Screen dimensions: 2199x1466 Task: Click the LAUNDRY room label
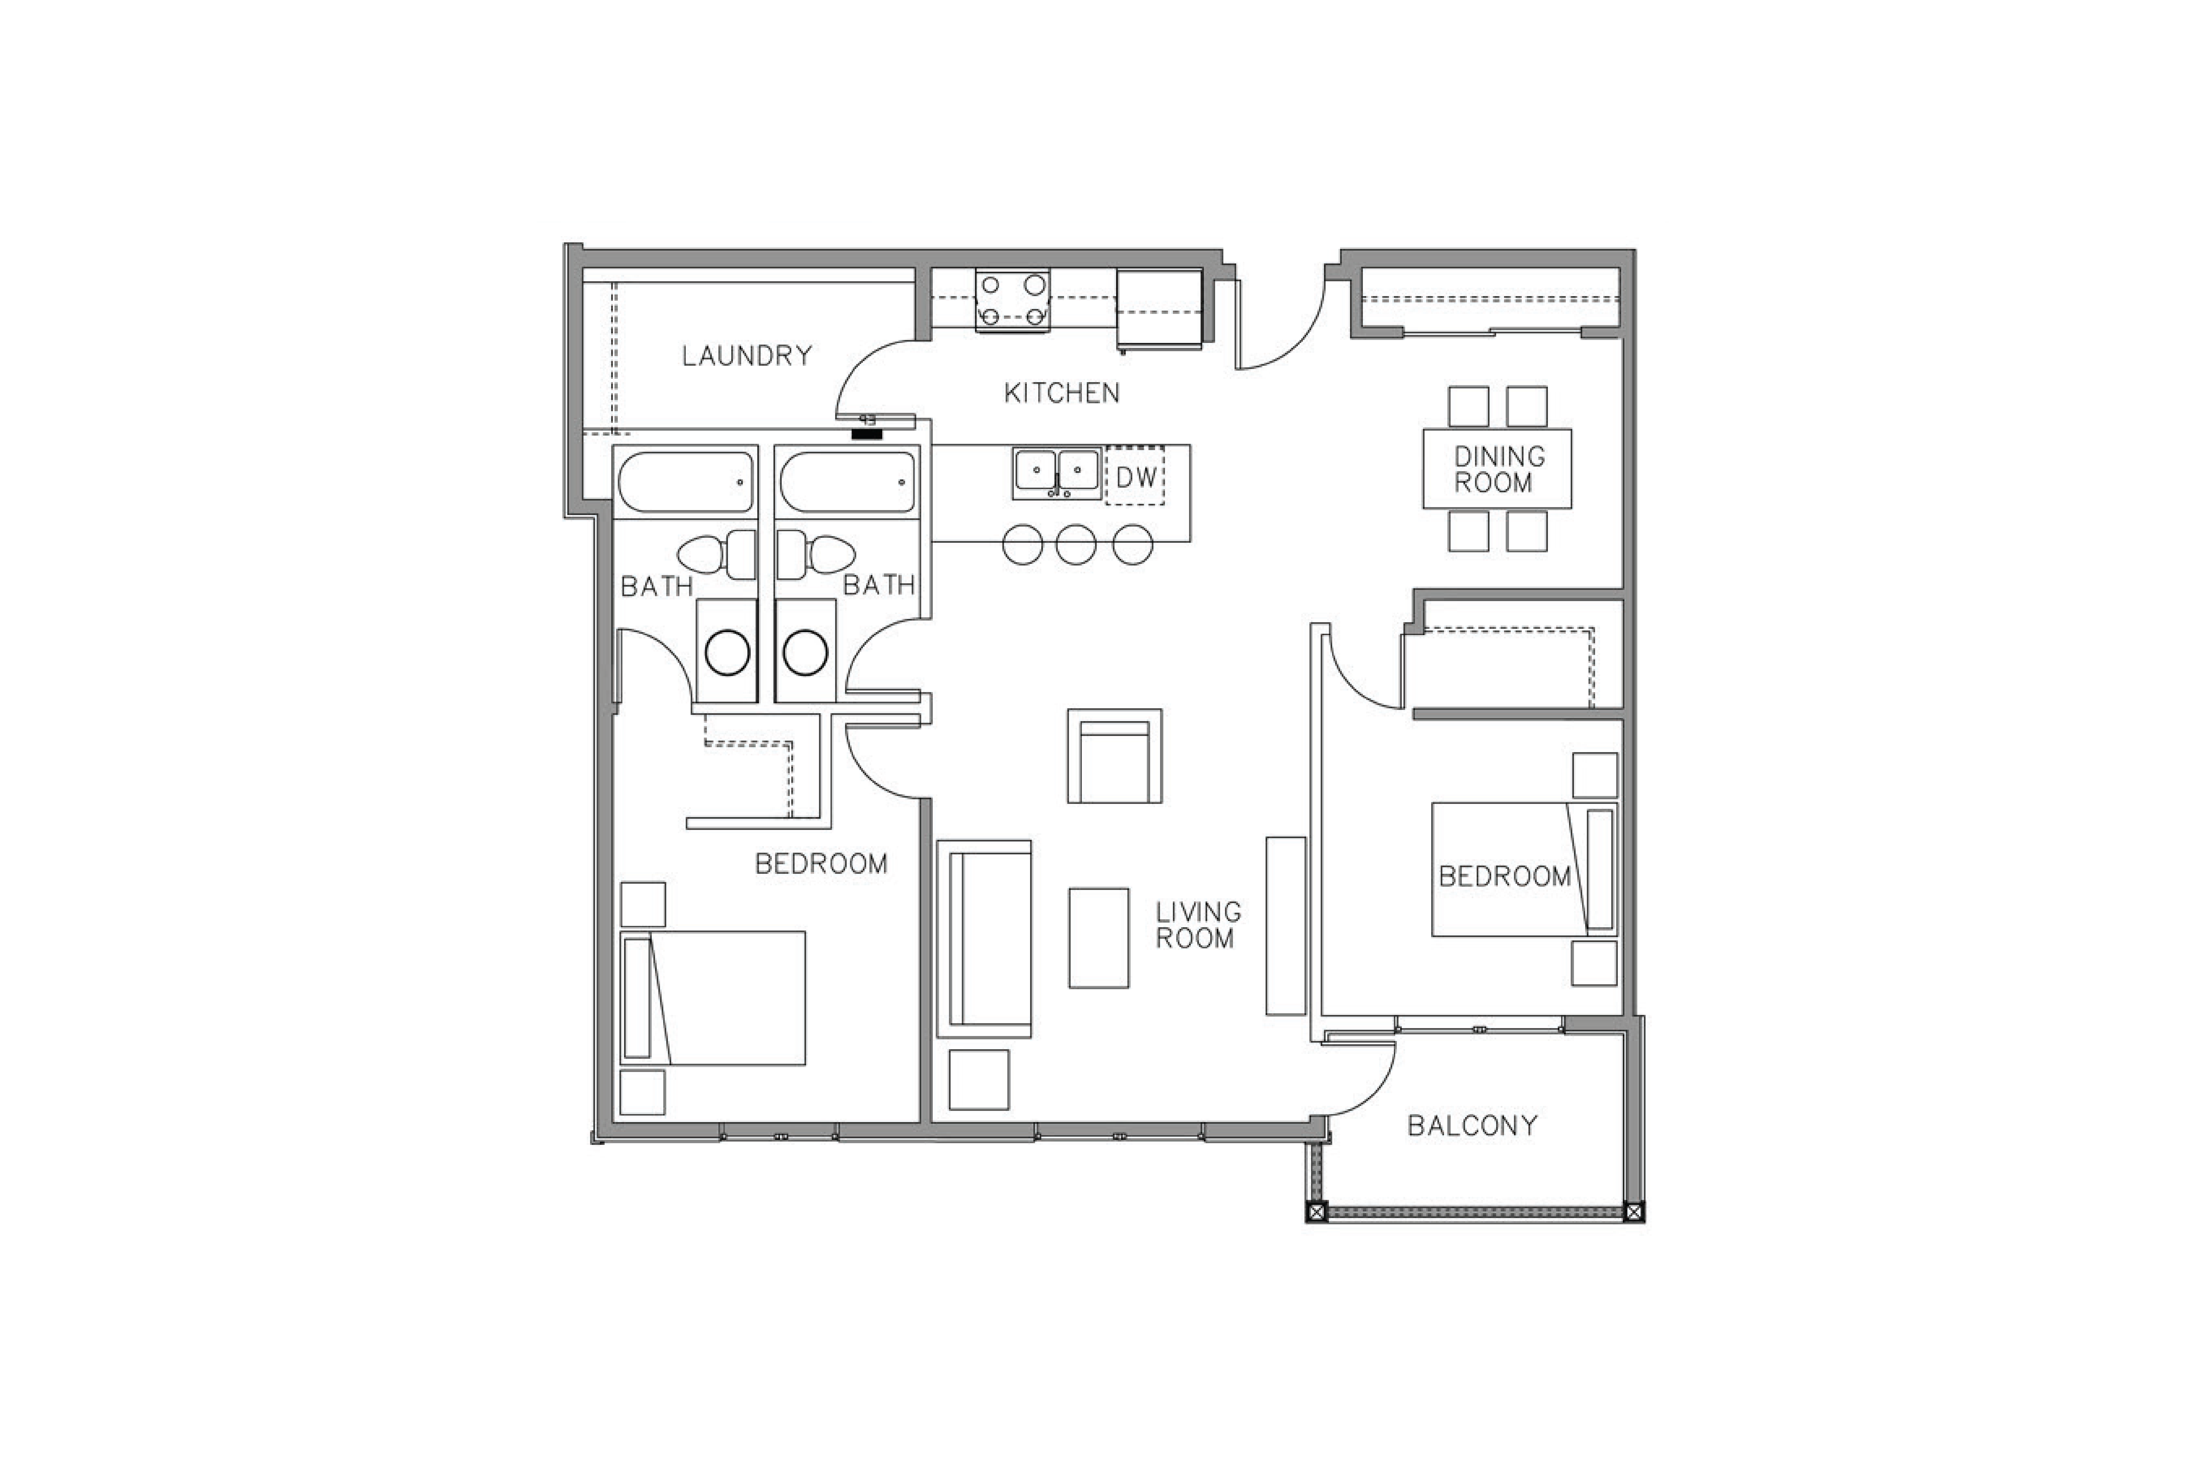click(747, 355)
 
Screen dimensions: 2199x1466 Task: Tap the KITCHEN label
click(1061, 393)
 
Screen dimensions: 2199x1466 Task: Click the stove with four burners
click(1013, 300)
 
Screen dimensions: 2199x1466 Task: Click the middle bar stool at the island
click(1076, 544)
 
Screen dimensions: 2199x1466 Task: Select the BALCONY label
click(1473, 1126)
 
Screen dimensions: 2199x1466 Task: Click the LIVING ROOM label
click(1198, 925)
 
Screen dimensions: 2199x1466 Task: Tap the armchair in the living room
click(1115, 755)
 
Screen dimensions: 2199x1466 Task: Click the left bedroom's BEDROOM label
click(821, 864)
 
